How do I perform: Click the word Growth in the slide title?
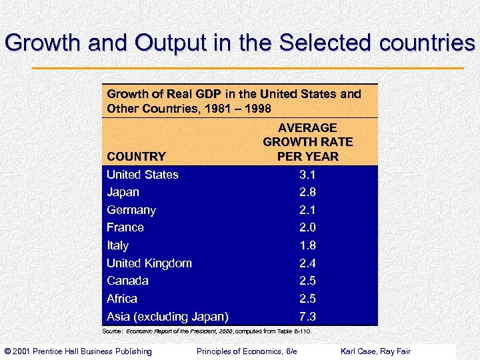click(42, 43)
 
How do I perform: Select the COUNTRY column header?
click(136, 157)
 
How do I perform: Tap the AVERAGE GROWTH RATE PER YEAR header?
click(307, 142)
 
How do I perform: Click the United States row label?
click(143, 175)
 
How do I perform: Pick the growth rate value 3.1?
click(307, 175)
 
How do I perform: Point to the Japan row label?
click(123, 192)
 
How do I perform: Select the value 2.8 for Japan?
click(307, 192)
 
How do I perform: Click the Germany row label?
click(131, 210)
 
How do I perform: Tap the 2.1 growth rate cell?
click(307, 210)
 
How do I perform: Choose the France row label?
click(125, 227)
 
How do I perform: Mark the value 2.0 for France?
click(307, 227)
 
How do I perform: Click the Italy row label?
click(117, 245)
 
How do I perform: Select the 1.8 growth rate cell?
click(307, 245)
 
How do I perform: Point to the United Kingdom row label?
click(149, 263)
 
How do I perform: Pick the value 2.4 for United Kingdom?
click(307, 263)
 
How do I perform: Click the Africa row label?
click(122, 299)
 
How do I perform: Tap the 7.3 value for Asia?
click(307, 316)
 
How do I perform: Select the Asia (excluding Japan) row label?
click(167, 316)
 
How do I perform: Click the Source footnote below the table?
click(207, 331)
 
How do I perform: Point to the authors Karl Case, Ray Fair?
click(376, 351)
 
